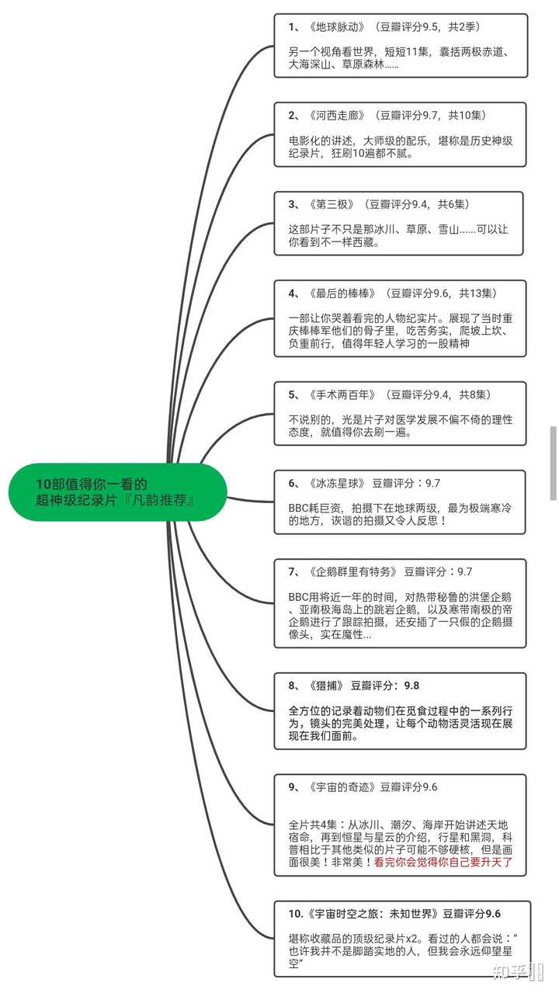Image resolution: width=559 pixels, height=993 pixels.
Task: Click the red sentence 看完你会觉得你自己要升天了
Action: [443, 863]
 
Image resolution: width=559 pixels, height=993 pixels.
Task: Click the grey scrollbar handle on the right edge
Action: [554, 463]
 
